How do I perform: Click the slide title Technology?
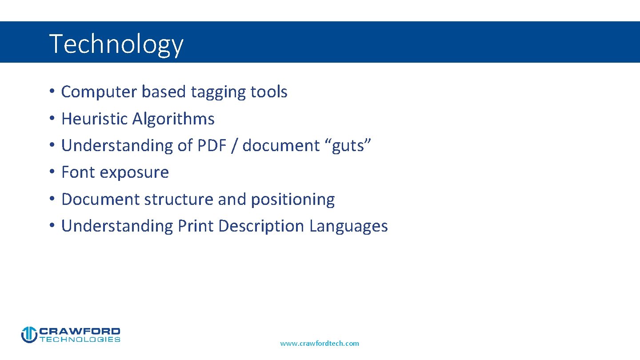116,44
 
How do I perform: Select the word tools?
269,92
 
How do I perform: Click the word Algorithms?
173,119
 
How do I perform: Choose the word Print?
196,226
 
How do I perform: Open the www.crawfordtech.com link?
320,343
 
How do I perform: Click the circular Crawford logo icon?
29,335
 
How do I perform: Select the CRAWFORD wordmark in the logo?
80,331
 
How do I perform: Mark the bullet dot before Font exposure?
52,172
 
